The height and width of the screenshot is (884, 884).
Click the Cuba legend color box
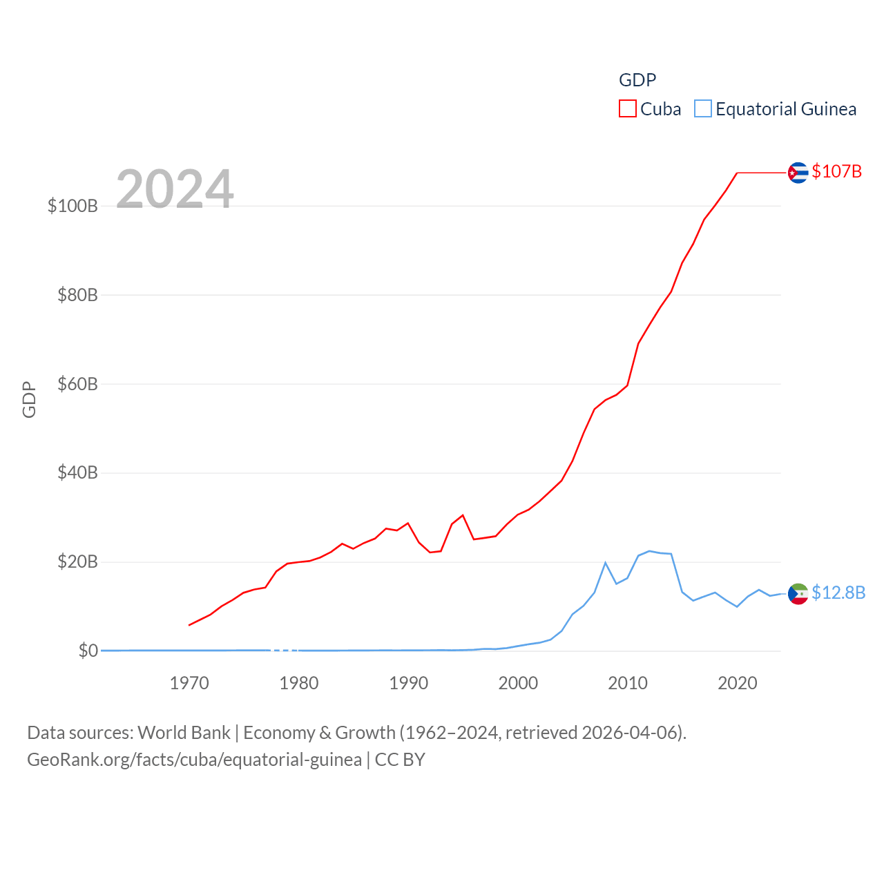coord(627,109)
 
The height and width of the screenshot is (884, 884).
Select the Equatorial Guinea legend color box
coord(703,109)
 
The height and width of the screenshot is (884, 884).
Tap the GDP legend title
coord(637,80)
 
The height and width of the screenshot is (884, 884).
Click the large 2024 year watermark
coord(175,189)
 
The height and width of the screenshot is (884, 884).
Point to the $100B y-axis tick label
coord(73,206)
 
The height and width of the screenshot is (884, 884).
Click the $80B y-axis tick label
coord(77,295)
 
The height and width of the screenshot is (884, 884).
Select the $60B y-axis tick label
coord(77,384)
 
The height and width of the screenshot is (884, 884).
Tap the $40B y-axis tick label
coord(77,473)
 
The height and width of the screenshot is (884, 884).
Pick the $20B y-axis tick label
coord(77,562)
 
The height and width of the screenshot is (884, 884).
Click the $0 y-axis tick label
coord(88,651)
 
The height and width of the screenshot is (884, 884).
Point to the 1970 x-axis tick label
coord(189,683)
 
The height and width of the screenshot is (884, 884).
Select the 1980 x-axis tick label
coord(299,683)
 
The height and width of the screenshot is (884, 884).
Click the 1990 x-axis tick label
coord(409,683)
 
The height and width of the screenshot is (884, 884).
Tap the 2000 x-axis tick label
coord(518,683)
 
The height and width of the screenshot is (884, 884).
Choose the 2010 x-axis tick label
coord(628,683)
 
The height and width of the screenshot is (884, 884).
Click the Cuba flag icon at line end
coord(798,173)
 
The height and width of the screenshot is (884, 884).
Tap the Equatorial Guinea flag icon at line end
coord(798,594)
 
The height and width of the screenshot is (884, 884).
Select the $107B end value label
coord(836,171)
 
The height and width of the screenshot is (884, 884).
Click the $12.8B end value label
coord(838,593)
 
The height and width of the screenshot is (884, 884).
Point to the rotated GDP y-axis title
coord(29,399)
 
